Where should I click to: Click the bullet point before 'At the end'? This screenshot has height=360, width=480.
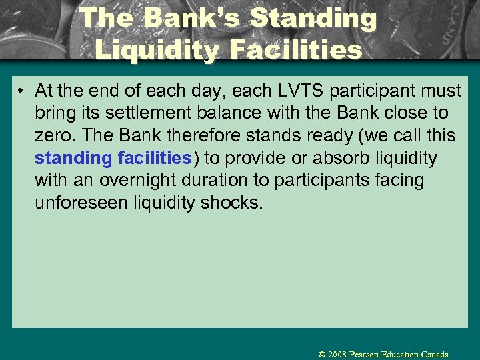coord(22,91)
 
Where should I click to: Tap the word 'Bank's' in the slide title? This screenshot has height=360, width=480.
coord(189,18)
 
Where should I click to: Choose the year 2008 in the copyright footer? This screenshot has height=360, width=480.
coord(339,354)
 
